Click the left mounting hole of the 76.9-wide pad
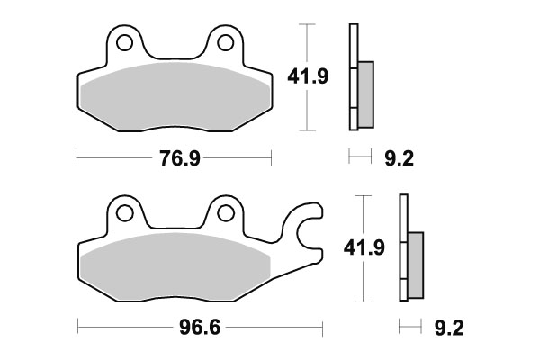(x=125, y=42)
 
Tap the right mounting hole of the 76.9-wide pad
(x=224, y=42)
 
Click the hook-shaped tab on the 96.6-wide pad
(x=306, y=229)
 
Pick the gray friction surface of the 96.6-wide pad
(x=175, y=268)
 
